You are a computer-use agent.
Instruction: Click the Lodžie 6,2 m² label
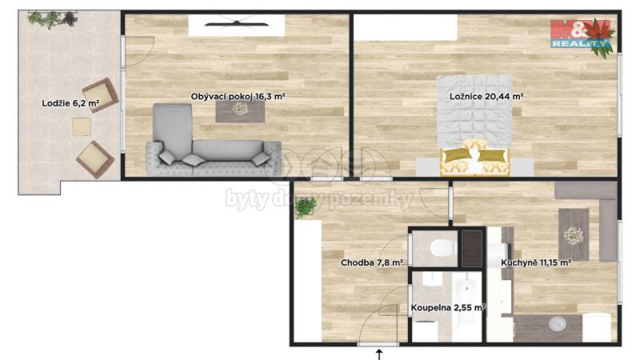[70, 103]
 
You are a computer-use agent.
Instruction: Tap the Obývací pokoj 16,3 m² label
[238, 97]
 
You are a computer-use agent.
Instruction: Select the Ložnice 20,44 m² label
[486, 97]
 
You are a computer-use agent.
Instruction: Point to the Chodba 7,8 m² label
[372, 263]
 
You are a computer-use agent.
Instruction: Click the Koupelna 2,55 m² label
[448, 308]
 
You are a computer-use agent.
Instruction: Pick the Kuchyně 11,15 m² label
[535, 263]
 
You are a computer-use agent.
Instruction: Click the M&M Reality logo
[581, 34]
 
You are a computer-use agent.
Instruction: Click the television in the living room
[237, 24]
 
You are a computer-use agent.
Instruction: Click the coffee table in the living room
[240, 111]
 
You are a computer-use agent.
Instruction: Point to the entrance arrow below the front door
[379, 354]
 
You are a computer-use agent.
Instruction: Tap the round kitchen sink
[557, 324]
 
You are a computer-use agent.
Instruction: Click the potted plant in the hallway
[306, 207]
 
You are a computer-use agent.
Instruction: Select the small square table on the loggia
[82, 126]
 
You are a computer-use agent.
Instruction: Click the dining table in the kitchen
[574, 234]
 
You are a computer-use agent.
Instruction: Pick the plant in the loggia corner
[53, 19]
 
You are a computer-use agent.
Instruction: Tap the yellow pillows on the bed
[475, 155]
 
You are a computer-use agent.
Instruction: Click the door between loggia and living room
[138, 51]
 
